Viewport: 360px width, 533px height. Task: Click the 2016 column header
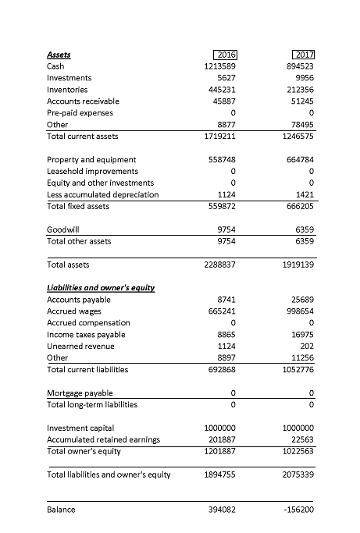[225, 55]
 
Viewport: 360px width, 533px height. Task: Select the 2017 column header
[301, 55]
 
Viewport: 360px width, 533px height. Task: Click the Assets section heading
[59, 55]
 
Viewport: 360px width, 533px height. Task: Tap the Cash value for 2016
[219, 66]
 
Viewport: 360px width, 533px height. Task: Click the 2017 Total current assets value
[295, 137]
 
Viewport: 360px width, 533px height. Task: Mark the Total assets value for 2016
[219, 265]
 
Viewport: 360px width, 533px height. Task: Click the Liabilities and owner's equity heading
[101, 288]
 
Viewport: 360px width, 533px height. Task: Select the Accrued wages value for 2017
[298, 311]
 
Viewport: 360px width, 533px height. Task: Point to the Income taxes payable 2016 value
[225, 335]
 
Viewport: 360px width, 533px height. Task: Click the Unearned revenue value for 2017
[305, 346]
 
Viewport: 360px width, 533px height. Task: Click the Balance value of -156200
[297, 510]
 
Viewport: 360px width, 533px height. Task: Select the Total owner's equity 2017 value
[295, 451]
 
